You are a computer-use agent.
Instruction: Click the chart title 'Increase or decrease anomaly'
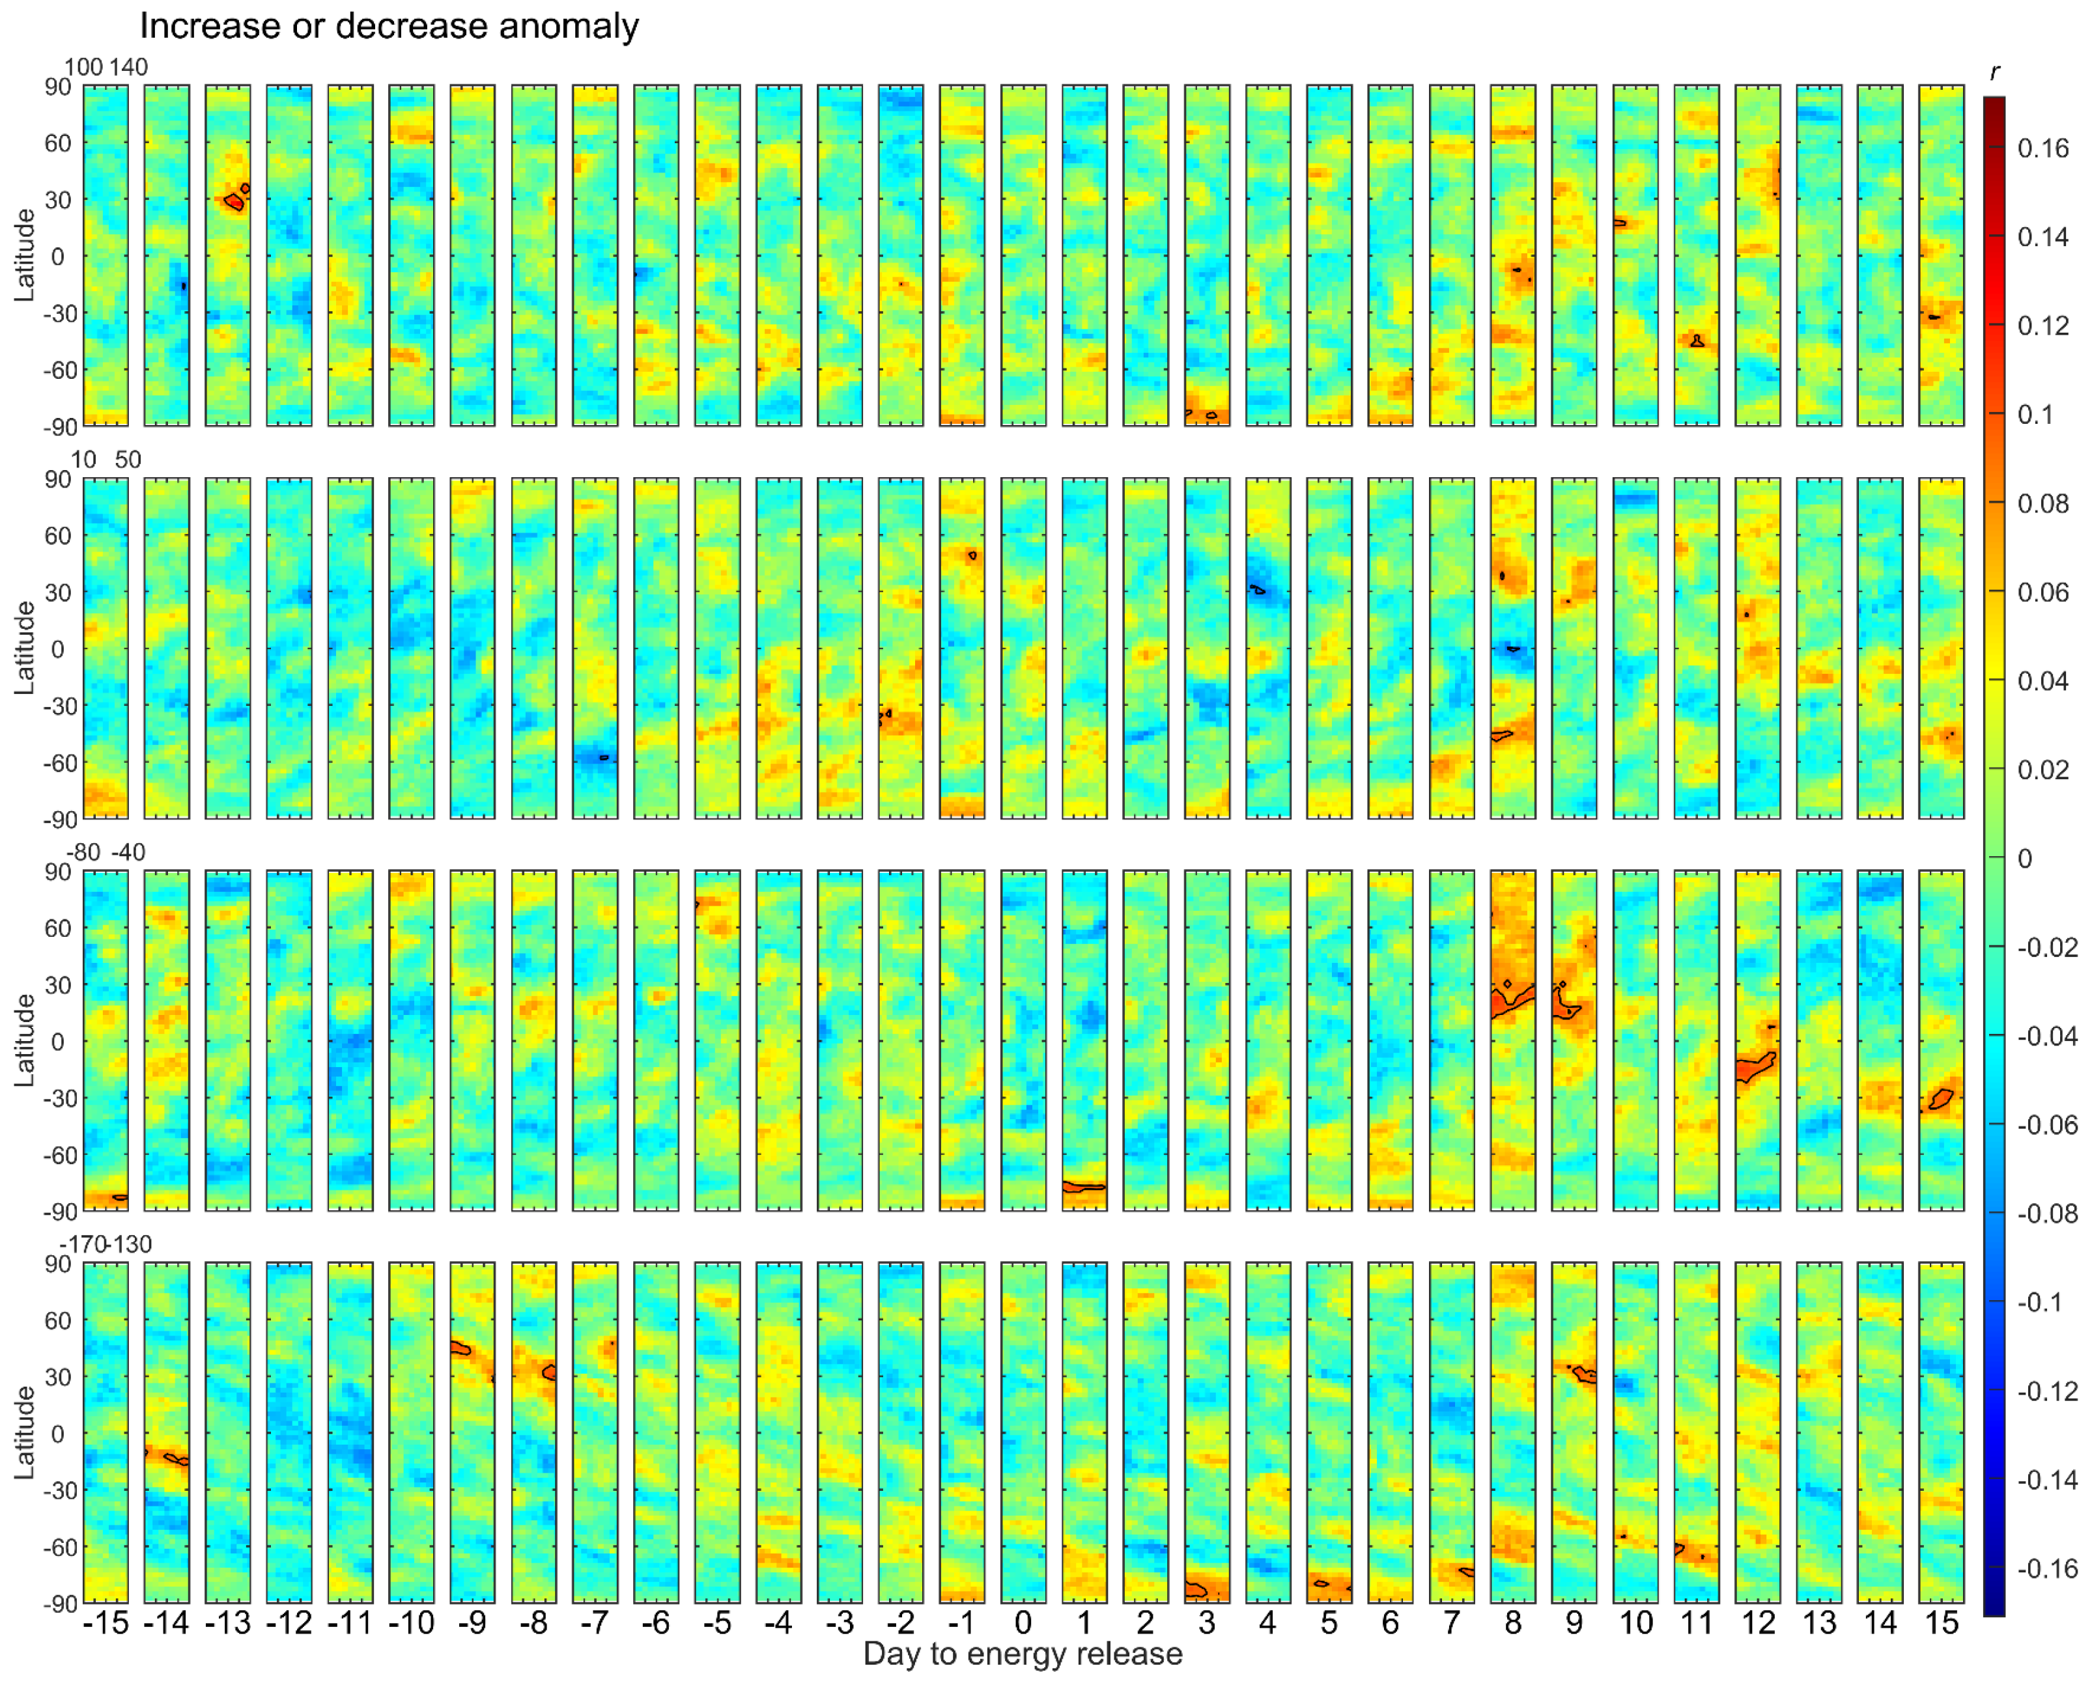(x=389, y=25)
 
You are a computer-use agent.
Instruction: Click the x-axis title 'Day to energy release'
(x=1023, y=1654)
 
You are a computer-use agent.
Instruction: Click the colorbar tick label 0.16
(x=2043, y=148)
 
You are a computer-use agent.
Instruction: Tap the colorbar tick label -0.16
(x=2046, y=1568)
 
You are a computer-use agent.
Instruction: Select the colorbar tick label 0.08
(x=2043, y=503)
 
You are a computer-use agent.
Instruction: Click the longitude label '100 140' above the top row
(x=106, y=67)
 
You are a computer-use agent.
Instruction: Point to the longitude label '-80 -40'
(x=106, y=853)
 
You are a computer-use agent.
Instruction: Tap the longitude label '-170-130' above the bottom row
(x=106, y=1245)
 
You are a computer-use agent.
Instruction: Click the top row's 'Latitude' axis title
(x=24, y=255)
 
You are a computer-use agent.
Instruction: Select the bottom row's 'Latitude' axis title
(x=24, y=1433)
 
